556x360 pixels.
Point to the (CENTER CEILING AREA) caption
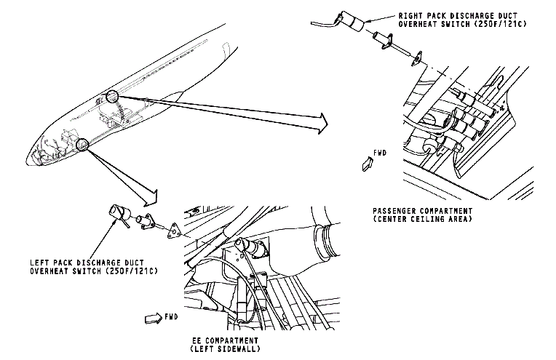point(416,220)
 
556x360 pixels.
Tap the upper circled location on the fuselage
point(111,95)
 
